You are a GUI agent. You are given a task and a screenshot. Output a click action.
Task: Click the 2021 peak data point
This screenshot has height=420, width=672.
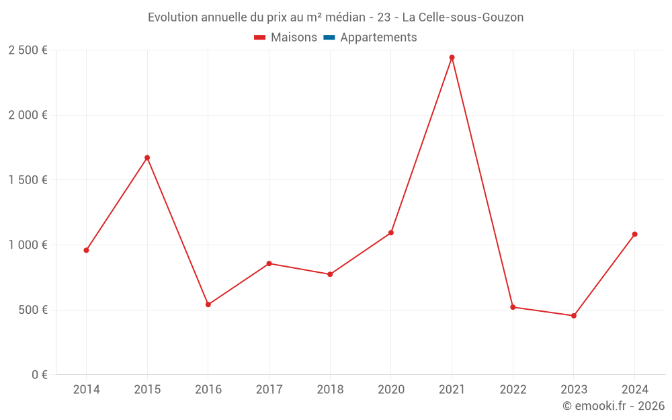coord(452,58)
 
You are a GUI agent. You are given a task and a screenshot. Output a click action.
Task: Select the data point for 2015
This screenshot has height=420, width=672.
coord(147,158)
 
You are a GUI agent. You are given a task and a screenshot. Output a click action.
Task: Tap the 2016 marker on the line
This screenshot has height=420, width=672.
coord(208,304)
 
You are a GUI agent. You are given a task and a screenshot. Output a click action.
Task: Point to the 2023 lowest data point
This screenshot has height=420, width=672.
coord(574,316)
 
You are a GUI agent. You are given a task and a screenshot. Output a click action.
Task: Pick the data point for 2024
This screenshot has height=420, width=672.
coord(634,235)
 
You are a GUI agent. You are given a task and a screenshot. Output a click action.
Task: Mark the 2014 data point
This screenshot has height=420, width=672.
coord(86,250)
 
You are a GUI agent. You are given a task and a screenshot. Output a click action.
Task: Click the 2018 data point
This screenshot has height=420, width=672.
coord(330,274)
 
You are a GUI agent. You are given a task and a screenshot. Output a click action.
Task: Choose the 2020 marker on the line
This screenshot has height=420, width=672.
coord(391,233)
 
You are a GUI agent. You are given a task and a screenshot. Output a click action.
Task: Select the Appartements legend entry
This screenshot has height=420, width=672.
coord(378,38)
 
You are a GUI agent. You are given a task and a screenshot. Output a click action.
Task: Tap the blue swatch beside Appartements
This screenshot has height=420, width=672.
coord(329,38)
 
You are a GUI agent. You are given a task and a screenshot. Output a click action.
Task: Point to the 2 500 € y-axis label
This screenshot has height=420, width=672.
coord(28,50)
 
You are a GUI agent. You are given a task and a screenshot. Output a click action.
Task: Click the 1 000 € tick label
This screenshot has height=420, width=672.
coord(28,245)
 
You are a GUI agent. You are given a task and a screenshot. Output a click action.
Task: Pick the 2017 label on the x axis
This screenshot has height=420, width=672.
coord(269,389)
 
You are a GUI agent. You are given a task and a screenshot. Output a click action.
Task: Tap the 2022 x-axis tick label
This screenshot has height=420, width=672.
coord(513,389)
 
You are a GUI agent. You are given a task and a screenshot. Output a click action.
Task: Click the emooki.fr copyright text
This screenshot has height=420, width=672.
coord(614,406)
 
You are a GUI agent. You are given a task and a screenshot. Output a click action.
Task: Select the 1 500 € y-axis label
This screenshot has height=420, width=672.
coord(28,179)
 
